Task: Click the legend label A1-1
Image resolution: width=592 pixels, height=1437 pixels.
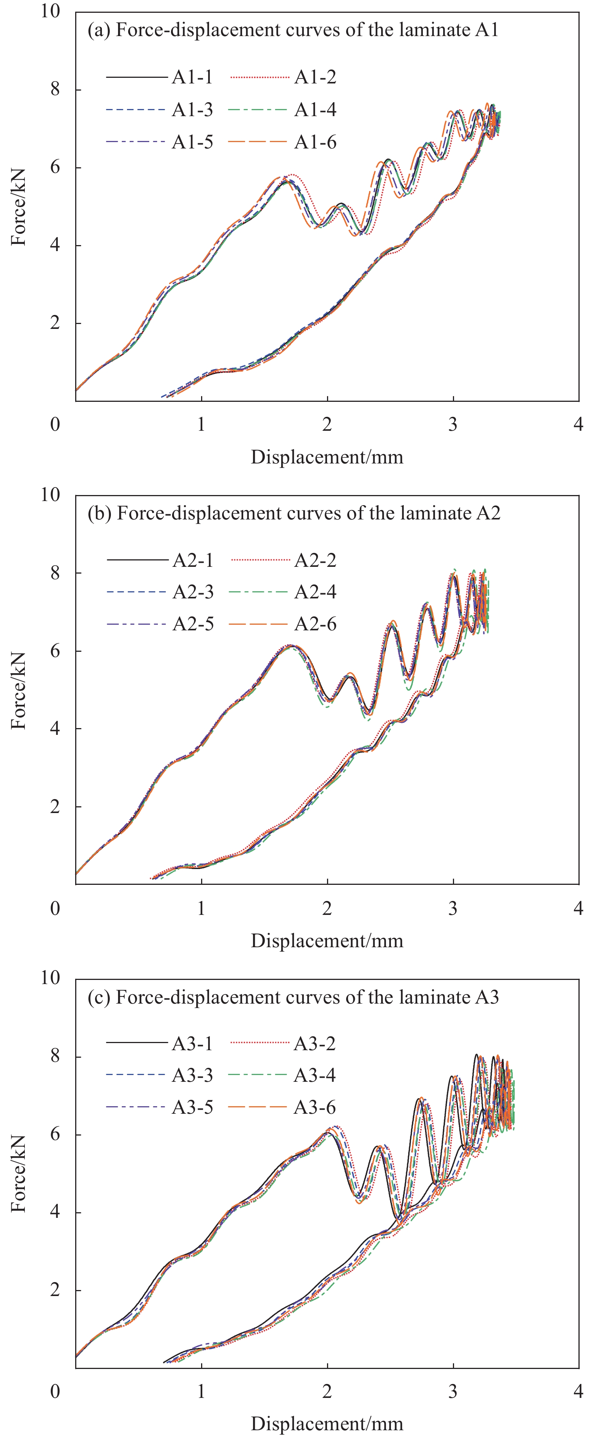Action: pos(192,77)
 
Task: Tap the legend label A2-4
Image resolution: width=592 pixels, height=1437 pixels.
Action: pos(315,592)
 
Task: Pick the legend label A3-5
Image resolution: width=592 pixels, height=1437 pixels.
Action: pos(192,1107)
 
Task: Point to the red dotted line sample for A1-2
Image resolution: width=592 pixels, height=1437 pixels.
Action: pos(259,77)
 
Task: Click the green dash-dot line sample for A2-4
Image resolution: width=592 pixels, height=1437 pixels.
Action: pos(259,592)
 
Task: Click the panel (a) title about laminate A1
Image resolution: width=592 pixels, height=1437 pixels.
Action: pos(293,30)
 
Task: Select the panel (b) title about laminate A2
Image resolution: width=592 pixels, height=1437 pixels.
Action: pos(294,513)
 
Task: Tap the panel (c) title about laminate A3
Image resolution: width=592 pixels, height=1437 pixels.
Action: pos(293,997)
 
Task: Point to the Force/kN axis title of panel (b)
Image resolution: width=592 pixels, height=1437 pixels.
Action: pos(19,690)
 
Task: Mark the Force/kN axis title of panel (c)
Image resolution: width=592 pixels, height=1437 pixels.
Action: pos(19,1173)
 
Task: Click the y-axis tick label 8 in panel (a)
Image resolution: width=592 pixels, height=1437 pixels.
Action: pos(55,89)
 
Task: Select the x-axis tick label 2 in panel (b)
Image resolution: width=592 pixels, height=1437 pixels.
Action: pos(327,909)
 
